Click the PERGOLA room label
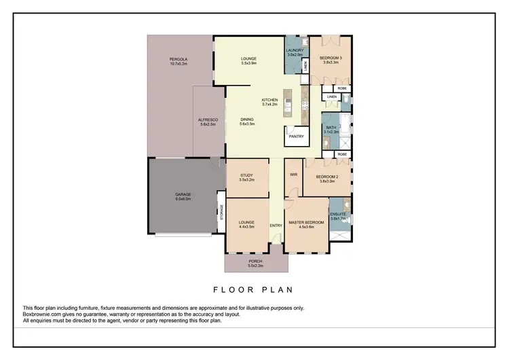[178, 60]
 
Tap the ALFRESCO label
[208, 120]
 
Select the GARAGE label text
[183, 195]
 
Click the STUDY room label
[246, 175]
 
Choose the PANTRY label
[296, 136]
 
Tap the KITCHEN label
[270, 101]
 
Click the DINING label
[246, 120]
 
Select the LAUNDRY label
[294, 50]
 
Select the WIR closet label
[294, 175]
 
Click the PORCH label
[255, 261]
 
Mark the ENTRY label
[276, 226]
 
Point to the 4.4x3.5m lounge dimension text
[247, 226]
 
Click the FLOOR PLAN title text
[253, 289]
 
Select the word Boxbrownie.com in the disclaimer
[41, 314]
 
